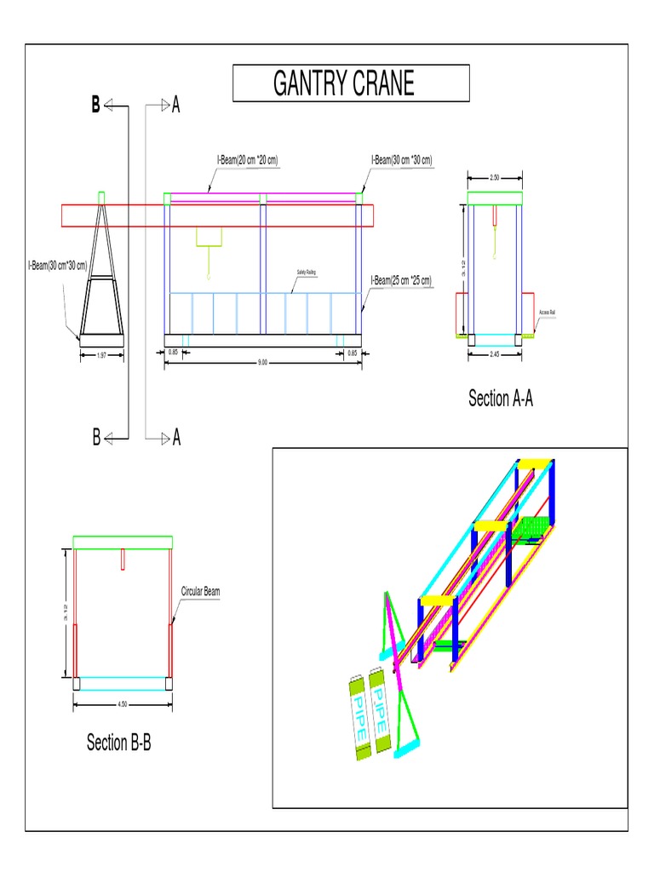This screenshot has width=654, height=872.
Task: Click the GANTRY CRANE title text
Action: [344, 83]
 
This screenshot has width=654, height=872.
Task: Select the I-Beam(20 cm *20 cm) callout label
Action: [249, 159]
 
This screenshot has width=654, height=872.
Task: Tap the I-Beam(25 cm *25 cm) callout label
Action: [401, 280]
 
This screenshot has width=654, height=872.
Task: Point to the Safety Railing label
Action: [306, 272]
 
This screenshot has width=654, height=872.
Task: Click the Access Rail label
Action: [547, 313]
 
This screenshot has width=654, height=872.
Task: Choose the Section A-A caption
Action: [501, 398]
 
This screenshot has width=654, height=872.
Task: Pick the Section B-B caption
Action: [119, 743]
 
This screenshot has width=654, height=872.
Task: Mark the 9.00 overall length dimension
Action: [262, 362]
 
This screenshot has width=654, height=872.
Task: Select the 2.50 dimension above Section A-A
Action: [495, 178]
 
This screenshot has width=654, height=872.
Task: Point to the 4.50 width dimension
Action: [123, 704]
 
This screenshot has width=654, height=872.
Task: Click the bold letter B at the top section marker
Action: [95, 106]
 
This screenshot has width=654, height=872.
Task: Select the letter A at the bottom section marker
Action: [176, 439]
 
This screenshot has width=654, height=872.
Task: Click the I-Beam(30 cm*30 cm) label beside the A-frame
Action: [57, 266]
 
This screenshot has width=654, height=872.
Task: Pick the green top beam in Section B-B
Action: [123, 542]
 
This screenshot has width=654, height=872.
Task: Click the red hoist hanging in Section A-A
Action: [495, 215]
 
